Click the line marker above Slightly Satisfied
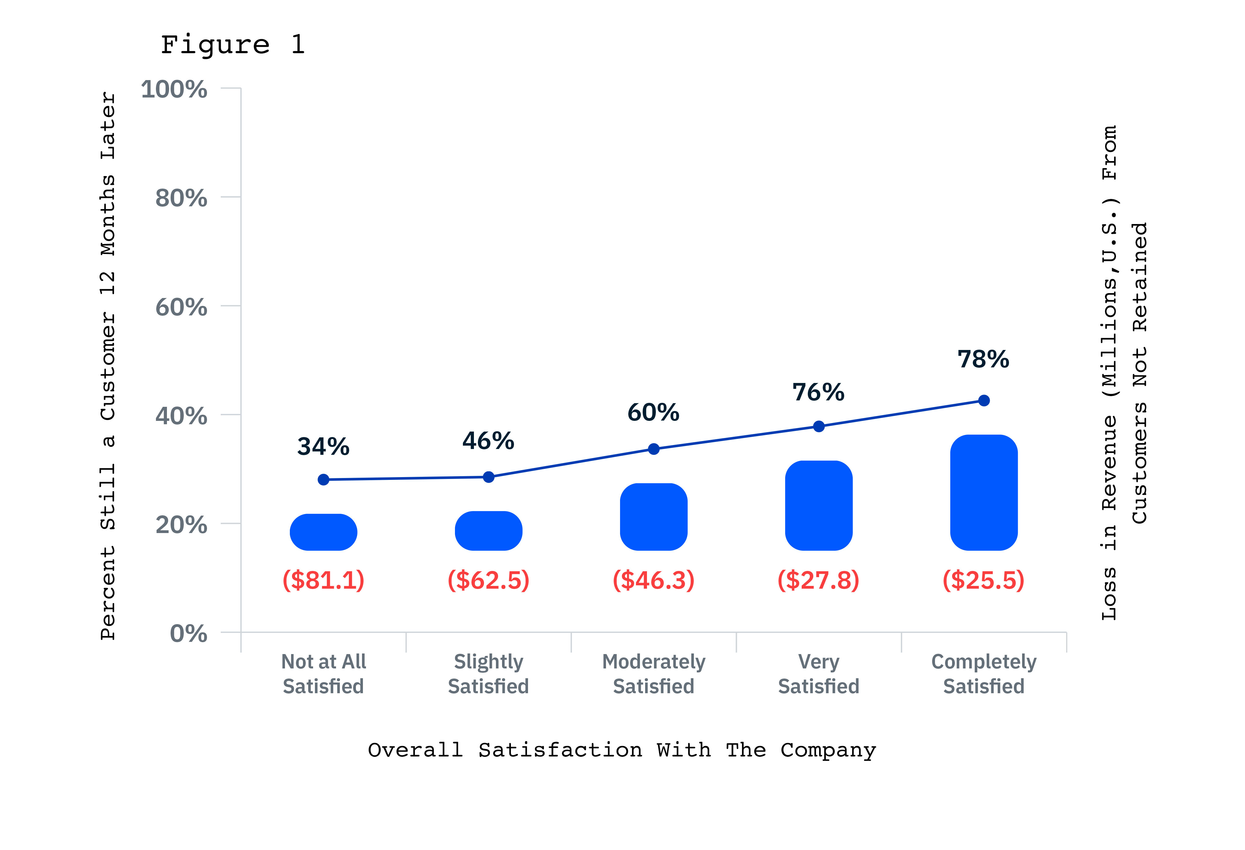point(489,477)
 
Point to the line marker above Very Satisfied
point(818,426)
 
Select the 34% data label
point(323,446)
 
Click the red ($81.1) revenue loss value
point(323,580)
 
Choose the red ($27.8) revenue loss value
point(818,580)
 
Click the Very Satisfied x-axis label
point(818,674)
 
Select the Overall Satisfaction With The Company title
point(621,750)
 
